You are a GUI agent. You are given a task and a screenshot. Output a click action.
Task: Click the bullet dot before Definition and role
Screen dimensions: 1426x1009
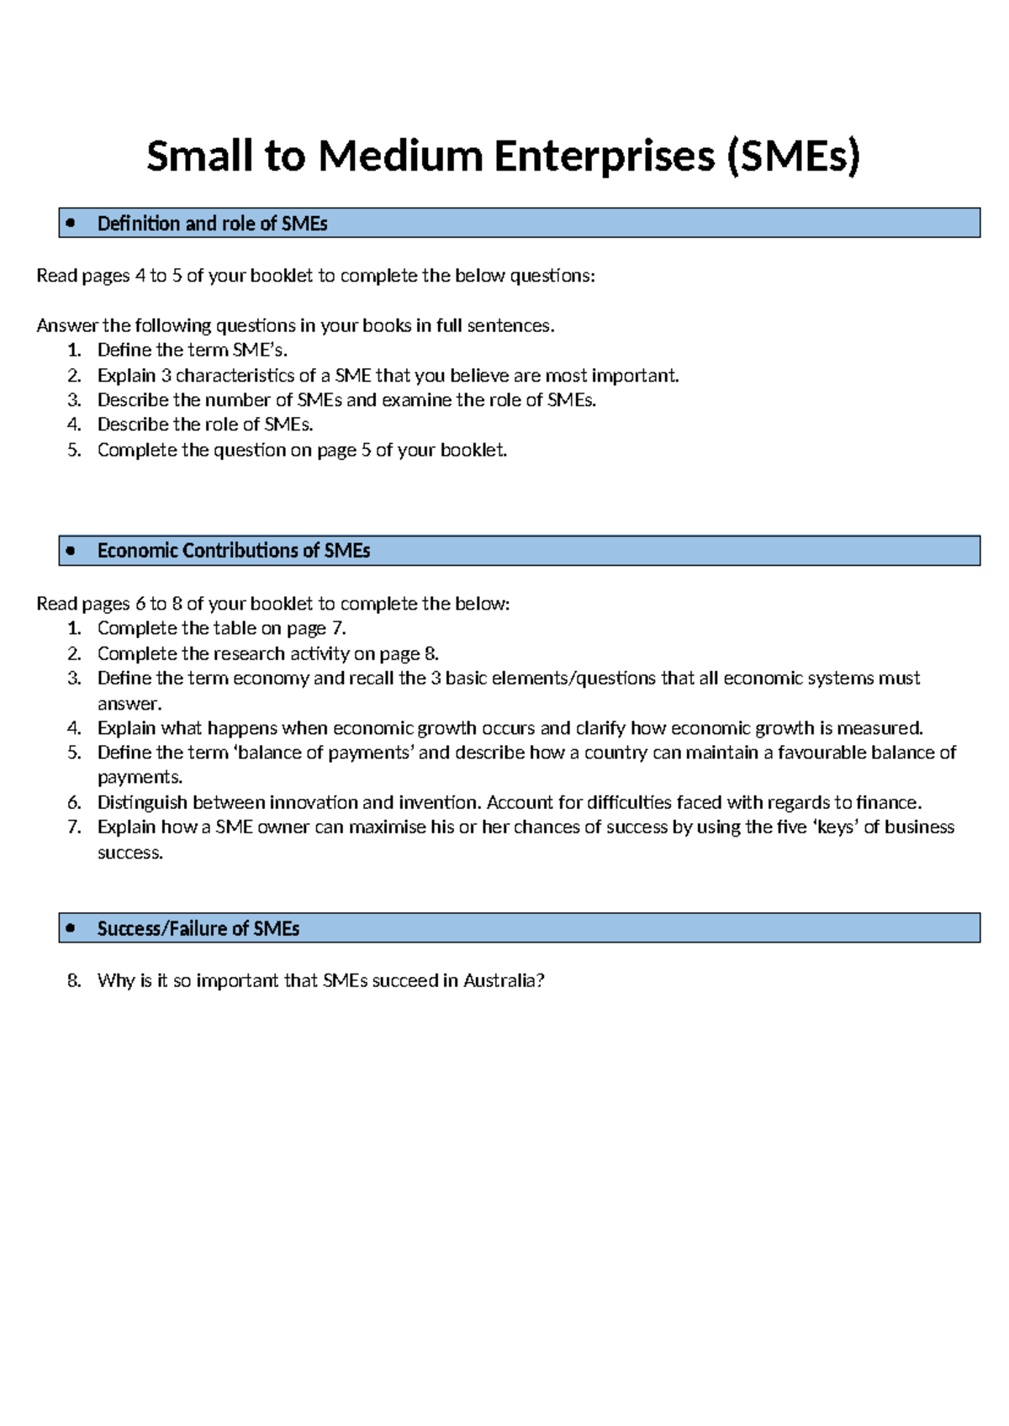71,223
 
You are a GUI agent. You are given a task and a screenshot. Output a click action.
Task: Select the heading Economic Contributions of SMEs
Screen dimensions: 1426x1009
234,551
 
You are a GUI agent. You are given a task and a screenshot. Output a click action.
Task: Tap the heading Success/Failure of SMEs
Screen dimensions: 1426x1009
198,928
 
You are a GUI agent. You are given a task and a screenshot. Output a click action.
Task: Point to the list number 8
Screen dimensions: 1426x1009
74,980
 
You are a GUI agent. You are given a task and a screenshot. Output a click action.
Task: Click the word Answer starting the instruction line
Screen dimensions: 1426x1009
66,326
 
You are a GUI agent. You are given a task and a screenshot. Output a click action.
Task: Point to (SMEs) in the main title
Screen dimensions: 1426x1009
794,156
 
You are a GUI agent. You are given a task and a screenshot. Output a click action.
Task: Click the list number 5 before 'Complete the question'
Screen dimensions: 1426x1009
74,450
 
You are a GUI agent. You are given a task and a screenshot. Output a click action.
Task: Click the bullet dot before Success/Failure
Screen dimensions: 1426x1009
71,927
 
